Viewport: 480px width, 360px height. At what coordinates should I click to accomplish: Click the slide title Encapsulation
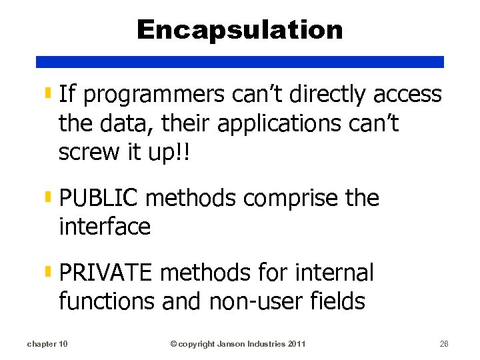240,30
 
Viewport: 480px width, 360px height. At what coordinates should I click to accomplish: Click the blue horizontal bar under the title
240,61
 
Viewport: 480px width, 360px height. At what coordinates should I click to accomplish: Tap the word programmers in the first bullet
154,95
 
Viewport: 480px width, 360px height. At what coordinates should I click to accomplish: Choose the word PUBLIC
99,198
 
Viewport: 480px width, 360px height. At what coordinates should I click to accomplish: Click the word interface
105,227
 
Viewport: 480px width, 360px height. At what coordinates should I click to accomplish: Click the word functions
107,301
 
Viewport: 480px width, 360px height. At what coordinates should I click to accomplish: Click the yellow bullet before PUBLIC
49,197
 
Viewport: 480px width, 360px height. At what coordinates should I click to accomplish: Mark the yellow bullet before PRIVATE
49,271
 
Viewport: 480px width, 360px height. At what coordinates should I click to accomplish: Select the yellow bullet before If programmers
49,94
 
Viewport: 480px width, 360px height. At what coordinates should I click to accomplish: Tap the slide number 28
444,344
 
